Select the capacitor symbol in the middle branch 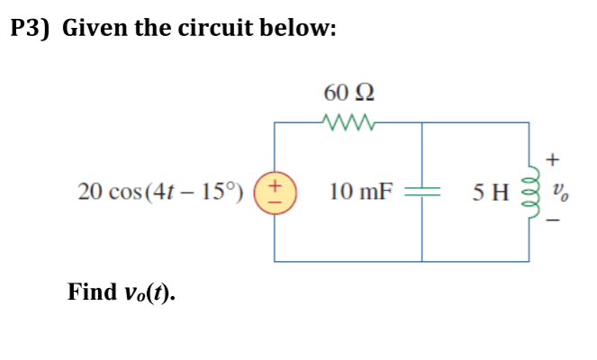422,192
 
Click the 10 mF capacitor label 360,192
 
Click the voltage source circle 276,192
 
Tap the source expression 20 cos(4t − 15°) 160,192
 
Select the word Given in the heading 95,28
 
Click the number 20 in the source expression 88,192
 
